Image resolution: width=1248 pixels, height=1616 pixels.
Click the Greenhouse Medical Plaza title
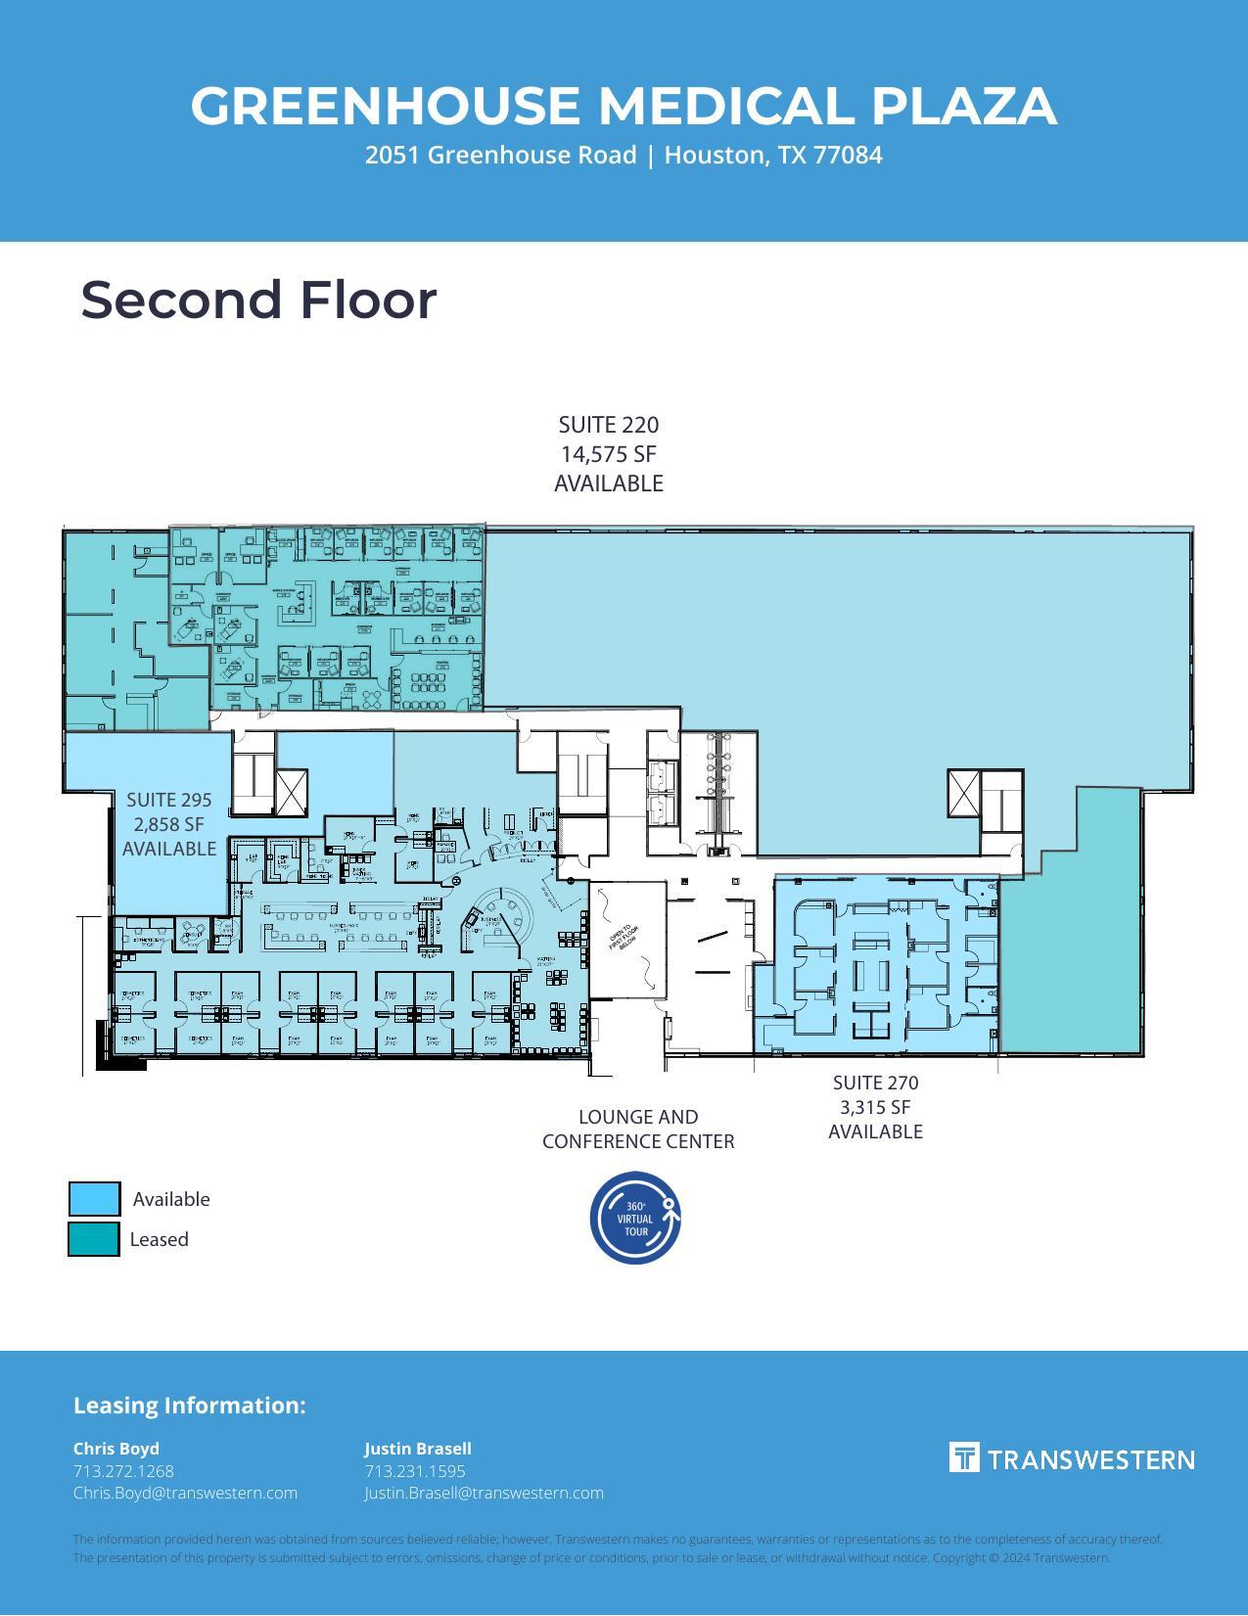(624, 106)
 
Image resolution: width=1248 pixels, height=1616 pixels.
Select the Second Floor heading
(258, 300)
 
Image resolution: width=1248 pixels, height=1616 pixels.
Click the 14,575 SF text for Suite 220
(608, 454)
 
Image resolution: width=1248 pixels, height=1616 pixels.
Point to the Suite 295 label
(168, 800)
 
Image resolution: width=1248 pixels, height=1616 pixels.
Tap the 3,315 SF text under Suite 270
(875, 1107)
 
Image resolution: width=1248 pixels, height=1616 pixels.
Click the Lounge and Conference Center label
(638, 1129)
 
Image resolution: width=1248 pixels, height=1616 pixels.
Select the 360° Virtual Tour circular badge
(635, 1218)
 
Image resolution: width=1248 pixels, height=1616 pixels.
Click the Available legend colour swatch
(94, 1199)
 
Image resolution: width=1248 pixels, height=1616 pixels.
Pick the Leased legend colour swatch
(94, 1239)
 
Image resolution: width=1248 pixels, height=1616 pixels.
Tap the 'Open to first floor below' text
(624, 938)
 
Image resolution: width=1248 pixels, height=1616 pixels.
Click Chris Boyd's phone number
(123, 1471)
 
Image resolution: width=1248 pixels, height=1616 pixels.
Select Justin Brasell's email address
(484, 1493)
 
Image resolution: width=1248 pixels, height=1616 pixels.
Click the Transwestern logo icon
(964, 1457)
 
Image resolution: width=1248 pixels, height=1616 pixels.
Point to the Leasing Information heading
(189, 1406)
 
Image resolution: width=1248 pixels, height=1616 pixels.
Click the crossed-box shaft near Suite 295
(292, 792)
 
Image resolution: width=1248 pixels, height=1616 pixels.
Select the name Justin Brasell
(418, 1449)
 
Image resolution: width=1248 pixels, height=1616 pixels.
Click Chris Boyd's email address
(185, 1493)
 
